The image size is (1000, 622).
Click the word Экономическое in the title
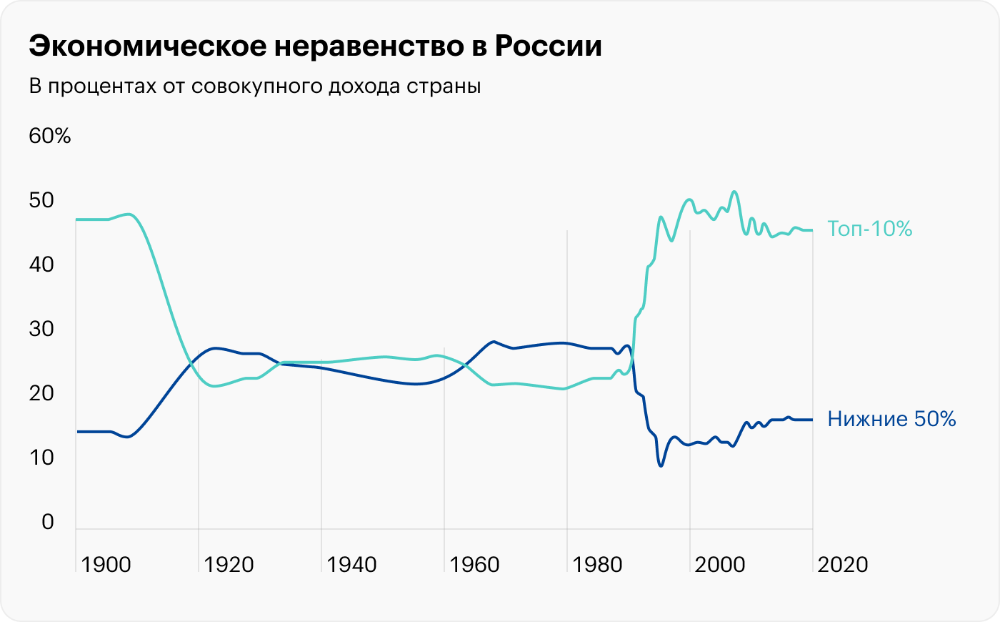(x=145, y=46)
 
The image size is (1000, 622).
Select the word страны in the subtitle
(x=444, y=87)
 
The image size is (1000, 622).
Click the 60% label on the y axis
(x=50, y=136)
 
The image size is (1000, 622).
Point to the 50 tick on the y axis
(x=41, y=200)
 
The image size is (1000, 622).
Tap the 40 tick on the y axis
(x=41, y=265)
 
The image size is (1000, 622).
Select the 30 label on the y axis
(x=41, y=329)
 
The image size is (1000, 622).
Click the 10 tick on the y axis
(x=41, y=458)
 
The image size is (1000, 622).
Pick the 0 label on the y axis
(x=48, y=522)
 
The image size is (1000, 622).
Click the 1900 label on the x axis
(x=106, y=565)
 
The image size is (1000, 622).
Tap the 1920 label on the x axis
(x=229, y=565)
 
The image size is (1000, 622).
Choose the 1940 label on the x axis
(x=351, y=565)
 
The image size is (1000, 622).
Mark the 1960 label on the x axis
(x=474, y=565)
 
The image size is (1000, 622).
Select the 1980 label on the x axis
(x=597, y=565)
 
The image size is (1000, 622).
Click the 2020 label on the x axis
(x=843, y=565)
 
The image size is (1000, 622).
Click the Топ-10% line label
(x=870, y=229)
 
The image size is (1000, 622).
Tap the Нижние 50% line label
(x=891, y=419)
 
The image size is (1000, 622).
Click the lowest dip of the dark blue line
(x=661, y=466)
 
